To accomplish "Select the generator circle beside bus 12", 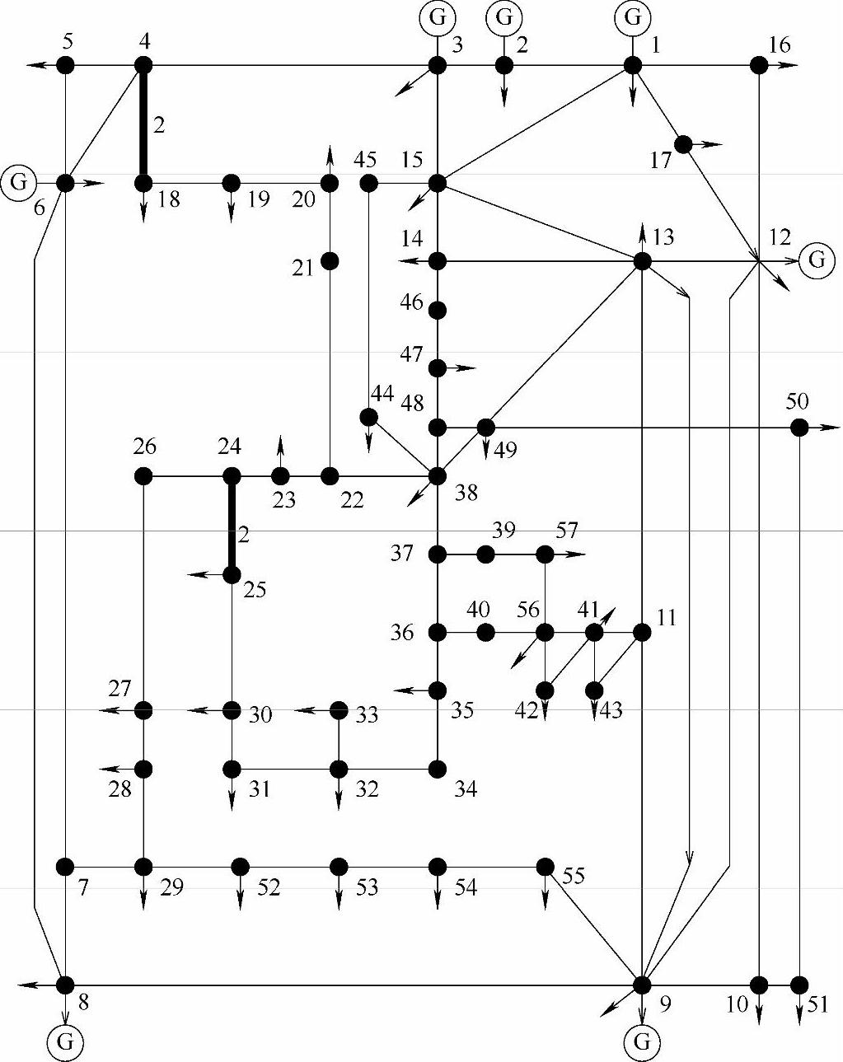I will [x=817, y=260].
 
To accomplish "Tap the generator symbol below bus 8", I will [x=65, y=1041].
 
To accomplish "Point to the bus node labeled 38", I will [x=438, y=476].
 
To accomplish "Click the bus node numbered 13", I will [x=642, y=261].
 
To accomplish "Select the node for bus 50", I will [x=799, y=427].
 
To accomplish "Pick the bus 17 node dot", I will [x=683, y=144].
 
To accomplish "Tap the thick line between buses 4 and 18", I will [x=143, y=124].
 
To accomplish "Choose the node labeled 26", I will [x=143, y=476].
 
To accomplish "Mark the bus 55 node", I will [x=545, y=867].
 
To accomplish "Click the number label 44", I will [x=382, y=393].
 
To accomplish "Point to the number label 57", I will [x=567, y=530].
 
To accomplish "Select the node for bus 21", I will [x=330, y=261].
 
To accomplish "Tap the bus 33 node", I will [x=339, y=710].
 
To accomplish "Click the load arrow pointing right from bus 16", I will [x=787, y=65].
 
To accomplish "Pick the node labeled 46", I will [x=438, y=310].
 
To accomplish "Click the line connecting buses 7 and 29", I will [x=104, y=867].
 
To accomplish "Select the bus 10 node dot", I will [x=759, y=985].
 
